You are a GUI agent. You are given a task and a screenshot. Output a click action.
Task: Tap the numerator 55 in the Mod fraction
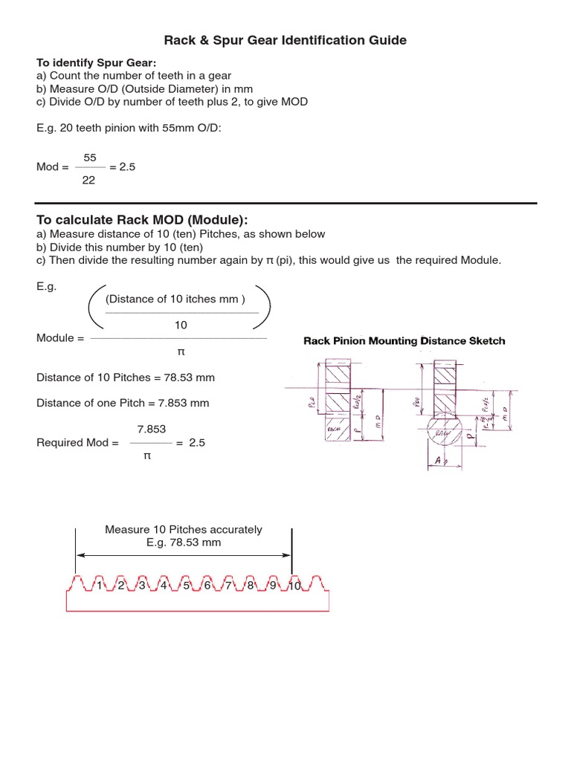[90, 158]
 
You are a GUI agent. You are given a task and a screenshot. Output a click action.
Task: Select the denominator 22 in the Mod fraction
[88, 181]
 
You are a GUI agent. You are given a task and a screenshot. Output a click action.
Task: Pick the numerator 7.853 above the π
[151, 429]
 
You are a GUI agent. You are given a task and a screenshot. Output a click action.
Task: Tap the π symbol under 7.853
[146, 456]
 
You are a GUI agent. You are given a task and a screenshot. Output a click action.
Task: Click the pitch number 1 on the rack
[99, 586]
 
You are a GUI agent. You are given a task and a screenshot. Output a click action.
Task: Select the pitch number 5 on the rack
[186, 586]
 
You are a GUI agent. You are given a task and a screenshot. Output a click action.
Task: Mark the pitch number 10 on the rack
[293, 586]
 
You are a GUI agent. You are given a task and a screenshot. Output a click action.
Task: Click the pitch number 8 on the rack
[251, 586]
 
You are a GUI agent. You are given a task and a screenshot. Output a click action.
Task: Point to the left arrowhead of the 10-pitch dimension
[80, 555]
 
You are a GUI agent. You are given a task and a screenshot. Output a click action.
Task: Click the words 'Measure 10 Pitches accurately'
[184, 530]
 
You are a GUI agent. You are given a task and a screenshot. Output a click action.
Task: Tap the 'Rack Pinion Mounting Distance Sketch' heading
[404, 341]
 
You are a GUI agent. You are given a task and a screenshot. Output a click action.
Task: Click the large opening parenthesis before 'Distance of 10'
[94, 305]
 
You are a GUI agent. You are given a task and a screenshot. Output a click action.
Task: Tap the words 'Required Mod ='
[77, 442]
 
